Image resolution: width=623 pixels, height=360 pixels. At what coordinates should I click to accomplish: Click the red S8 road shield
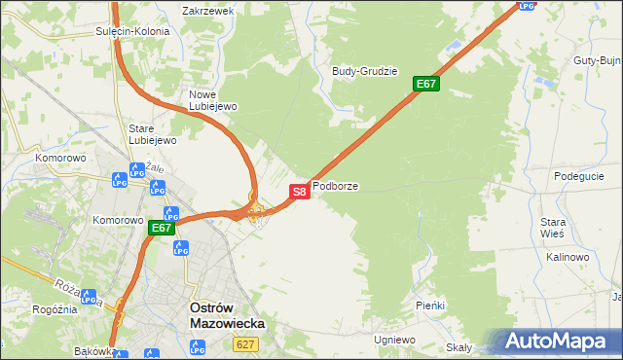300,192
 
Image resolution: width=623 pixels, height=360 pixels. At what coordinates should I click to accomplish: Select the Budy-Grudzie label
365,71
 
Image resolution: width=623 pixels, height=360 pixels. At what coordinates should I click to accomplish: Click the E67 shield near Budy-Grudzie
426,85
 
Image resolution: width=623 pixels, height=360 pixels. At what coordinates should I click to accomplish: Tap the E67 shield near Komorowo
162,229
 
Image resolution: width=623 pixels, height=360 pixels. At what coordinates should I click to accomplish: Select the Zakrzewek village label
208,11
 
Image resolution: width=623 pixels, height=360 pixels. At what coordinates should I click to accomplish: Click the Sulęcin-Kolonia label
132,31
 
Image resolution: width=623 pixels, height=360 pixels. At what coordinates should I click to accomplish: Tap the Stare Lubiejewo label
153,134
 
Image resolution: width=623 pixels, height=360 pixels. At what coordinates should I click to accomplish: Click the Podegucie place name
579,176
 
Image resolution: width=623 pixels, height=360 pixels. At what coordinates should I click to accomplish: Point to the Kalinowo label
568,257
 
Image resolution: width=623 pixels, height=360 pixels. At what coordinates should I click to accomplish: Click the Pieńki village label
429,306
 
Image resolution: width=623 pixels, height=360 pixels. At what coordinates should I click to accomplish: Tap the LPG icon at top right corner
527,5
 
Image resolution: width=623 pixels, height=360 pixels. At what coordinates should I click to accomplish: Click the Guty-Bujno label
597,60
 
